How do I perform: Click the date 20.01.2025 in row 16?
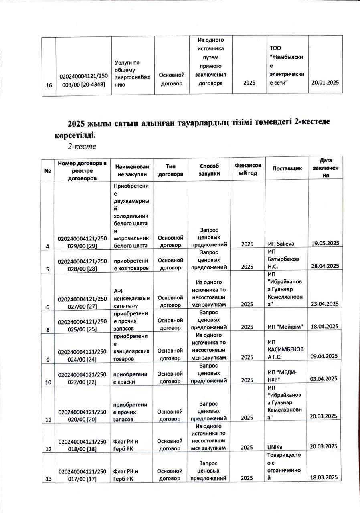pos(326,82)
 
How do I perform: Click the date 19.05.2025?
pos(326,243)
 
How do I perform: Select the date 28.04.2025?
pos(326,266)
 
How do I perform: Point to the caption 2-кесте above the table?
pos(82,146)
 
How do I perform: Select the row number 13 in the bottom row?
pos(48,478)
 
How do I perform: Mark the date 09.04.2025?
pos(326,356)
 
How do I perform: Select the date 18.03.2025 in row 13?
pos(326,477)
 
